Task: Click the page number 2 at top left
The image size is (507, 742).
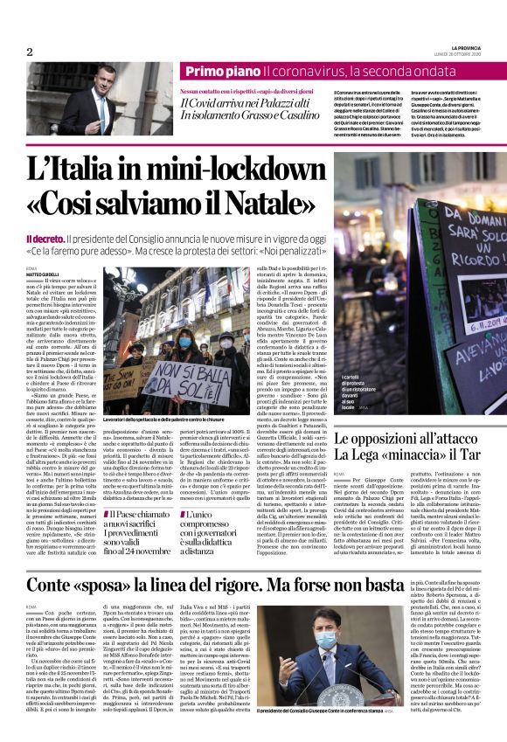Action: click(29, 52)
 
